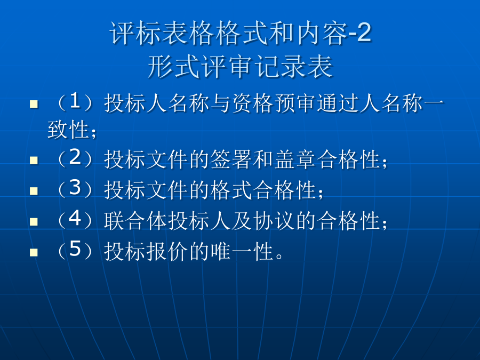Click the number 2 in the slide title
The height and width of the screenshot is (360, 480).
coord(364,33)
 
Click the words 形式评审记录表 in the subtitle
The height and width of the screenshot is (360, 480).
coord(241,67)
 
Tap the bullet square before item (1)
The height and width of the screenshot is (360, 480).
coord(34,104)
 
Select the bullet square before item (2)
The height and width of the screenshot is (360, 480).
coord(34,160)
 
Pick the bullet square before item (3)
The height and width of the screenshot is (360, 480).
coord(34,191)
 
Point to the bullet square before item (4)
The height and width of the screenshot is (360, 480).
coord(34,222)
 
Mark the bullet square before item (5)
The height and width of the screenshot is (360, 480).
coord(34,252)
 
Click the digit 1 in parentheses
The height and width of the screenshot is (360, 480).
coord(75,101)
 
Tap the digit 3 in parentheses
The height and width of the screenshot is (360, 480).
coord(75,187)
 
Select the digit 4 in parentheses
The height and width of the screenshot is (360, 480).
coord(75,218)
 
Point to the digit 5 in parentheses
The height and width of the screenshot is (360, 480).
coord(75,249)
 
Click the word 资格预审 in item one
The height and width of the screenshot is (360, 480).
coord(274,103)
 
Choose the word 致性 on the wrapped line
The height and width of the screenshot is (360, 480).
coord(68,130)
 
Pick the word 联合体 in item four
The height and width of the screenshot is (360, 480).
coord(135,221)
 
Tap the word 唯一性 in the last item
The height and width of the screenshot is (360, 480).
coord(242,251)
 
